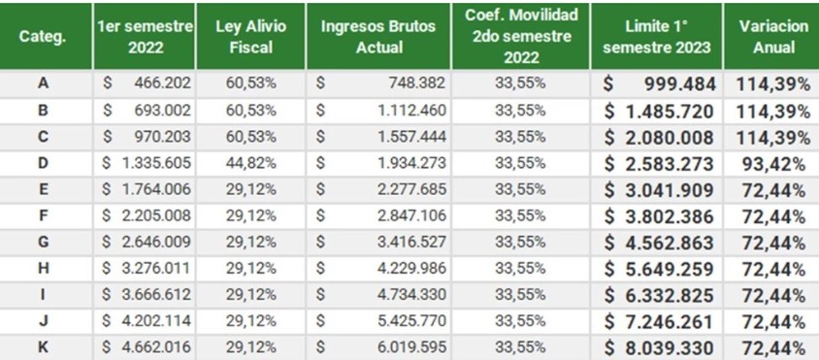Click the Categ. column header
[43, 36]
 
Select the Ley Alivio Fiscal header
[248, 36]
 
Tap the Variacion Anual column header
[772, 36]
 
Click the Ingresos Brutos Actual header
[377, 36]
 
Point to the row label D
[43, 163]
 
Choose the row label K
[43, 347]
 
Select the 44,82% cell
[248, 163]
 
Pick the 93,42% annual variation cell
[772, 163]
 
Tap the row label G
[43, 243]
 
